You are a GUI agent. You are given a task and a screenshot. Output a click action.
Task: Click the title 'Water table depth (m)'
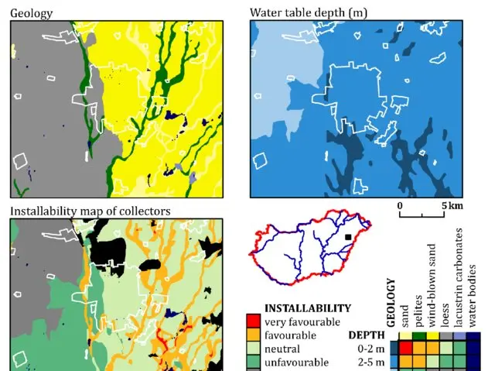point(300,12)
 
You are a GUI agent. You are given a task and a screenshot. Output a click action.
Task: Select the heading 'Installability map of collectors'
point(90,211)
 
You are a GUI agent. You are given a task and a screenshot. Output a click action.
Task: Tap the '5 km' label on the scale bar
point(452,206)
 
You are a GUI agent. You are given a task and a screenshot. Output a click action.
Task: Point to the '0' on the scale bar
point(400,206)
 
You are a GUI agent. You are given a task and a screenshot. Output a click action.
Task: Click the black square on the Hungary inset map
point(349,236)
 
